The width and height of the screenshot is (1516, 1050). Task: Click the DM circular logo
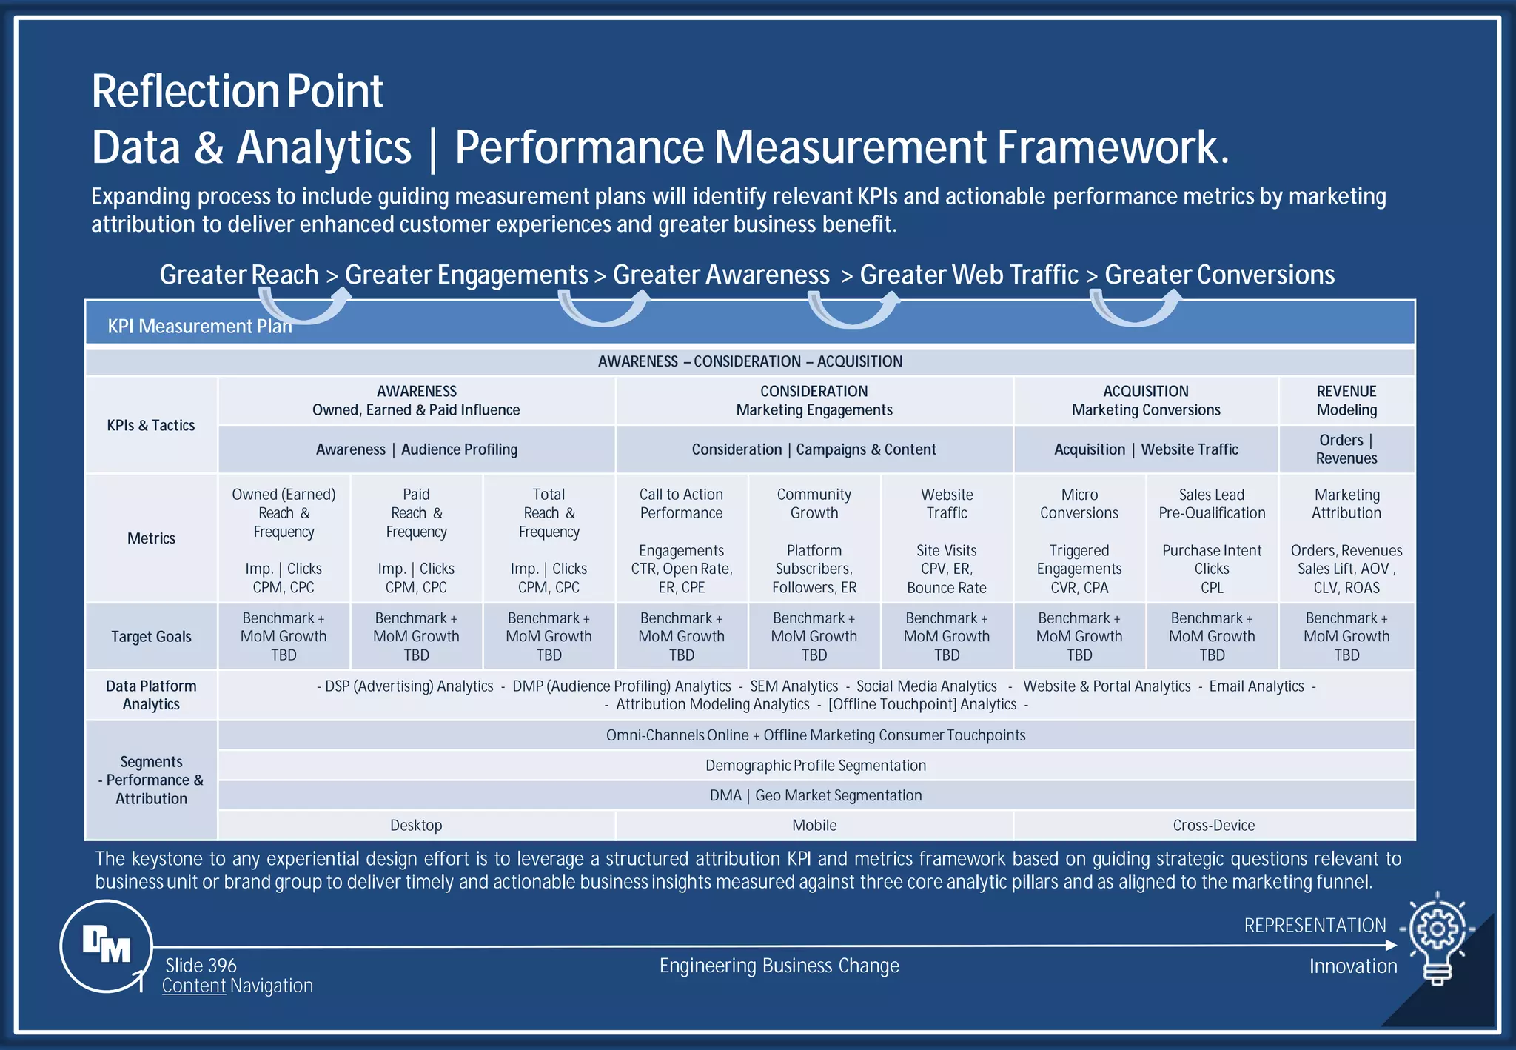pyautogui.click(x=106, y=946)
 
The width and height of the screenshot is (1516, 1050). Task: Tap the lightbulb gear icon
pyautogui.click(x=1437, y=937)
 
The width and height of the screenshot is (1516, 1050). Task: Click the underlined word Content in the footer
pyautogui.click(x=194, y=986)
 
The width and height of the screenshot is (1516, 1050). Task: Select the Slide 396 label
pyautogui.click(x=201, y=966)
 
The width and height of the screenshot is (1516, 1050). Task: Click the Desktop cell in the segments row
pyautogui.click(x=416, y=825)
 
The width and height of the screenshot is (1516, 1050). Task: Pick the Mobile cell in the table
pyautogui.click(x=814, y=825)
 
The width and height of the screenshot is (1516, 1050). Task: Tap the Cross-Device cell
pyautogui.click(x=1213, y=825)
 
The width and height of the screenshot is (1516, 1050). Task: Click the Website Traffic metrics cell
pyautogui.click(x=947, y=540)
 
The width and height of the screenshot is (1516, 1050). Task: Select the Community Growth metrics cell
pyautogui.click(x=814, y=540)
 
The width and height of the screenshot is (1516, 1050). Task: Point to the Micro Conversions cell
pyautogui.click(x=1079, y=540)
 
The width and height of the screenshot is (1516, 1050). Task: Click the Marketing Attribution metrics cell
pyautogui.click(x=1346, y=540)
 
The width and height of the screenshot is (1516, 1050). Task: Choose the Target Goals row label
pyautogui.click(x=151, y=637)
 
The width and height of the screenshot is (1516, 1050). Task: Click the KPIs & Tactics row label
pyautogui.click(x=151, y=425)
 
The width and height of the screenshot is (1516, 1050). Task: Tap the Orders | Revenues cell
pyautogui.click(x=1346, y=449)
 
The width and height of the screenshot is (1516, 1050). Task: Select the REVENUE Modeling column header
pyautogui.click(x=1346, y=401)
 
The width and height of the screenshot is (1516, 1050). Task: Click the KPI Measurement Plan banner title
pyautogui.click(x=200, y=327)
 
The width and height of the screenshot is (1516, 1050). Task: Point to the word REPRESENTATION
pyautogui.click(x=1315, y=926)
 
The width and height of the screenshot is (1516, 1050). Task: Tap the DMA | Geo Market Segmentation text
pyautogui.click(x=816, y=795)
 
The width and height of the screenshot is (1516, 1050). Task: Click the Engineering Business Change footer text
pyautogui.click(x=779, y=966)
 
